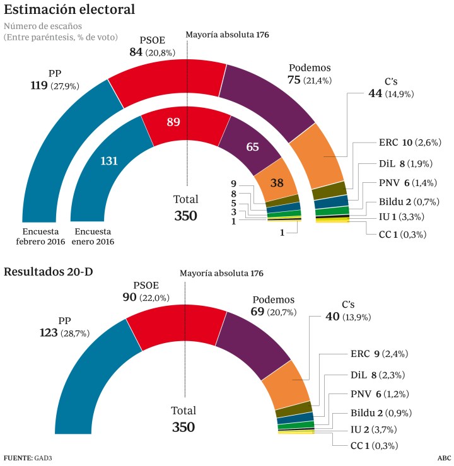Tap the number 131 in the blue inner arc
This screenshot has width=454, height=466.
click(109, 161)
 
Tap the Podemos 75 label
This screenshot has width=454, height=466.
click(309, 74)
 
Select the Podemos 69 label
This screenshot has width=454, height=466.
click(273, 305)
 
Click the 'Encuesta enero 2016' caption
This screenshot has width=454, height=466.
click(95, 235)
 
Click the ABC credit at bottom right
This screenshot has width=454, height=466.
click(443, 458)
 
